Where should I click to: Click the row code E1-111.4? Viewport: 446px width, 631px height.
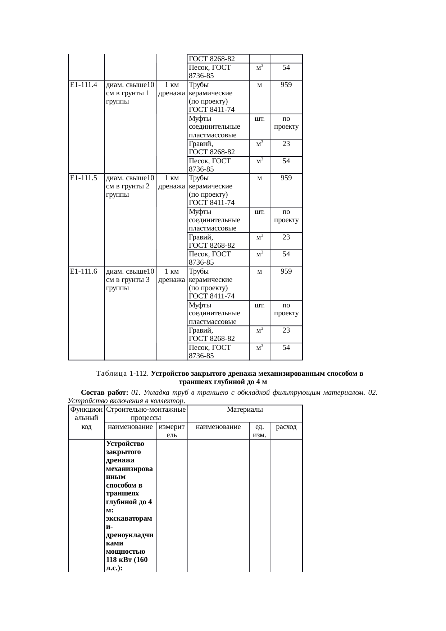coord(83,85)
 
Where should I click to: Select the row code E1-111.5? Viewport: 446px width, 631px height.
coord(83,178)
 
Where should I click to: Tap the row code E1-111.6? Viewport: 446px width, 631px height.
coord(83,271)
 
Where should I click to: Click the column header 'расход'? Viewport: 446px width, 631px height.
coord(286,427)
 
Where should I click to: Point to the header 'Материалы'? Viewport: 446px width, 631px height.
coord(245,410)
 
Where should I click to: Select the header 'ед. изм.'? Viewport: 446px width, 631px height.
coord(259,431)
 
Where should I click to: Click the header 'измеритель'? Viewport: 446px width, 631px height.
coord(172,431)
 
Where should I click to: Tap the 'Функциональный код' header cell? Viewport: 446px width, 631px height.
coord(86,418)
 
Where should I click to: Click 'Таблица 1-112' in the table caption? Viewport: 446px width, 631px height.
coord(122,374)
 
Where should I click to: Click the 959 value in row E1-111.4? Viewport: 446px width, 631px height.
coord(286,85)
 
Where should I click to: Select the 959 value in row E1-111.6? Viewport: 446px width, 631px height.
coord(286,271)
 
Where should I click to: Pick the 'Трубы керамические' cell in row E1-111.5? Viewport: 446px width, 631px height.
coord(210,182)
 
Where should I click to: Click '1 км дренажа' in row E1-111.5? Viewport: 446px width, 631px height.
coord(172,182)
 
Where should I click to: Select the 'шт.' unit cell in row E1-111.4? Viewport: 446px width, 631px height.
coord(259,119)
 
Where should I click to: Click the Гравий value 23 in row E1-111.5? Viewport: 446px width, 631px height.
coord(286,237)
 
